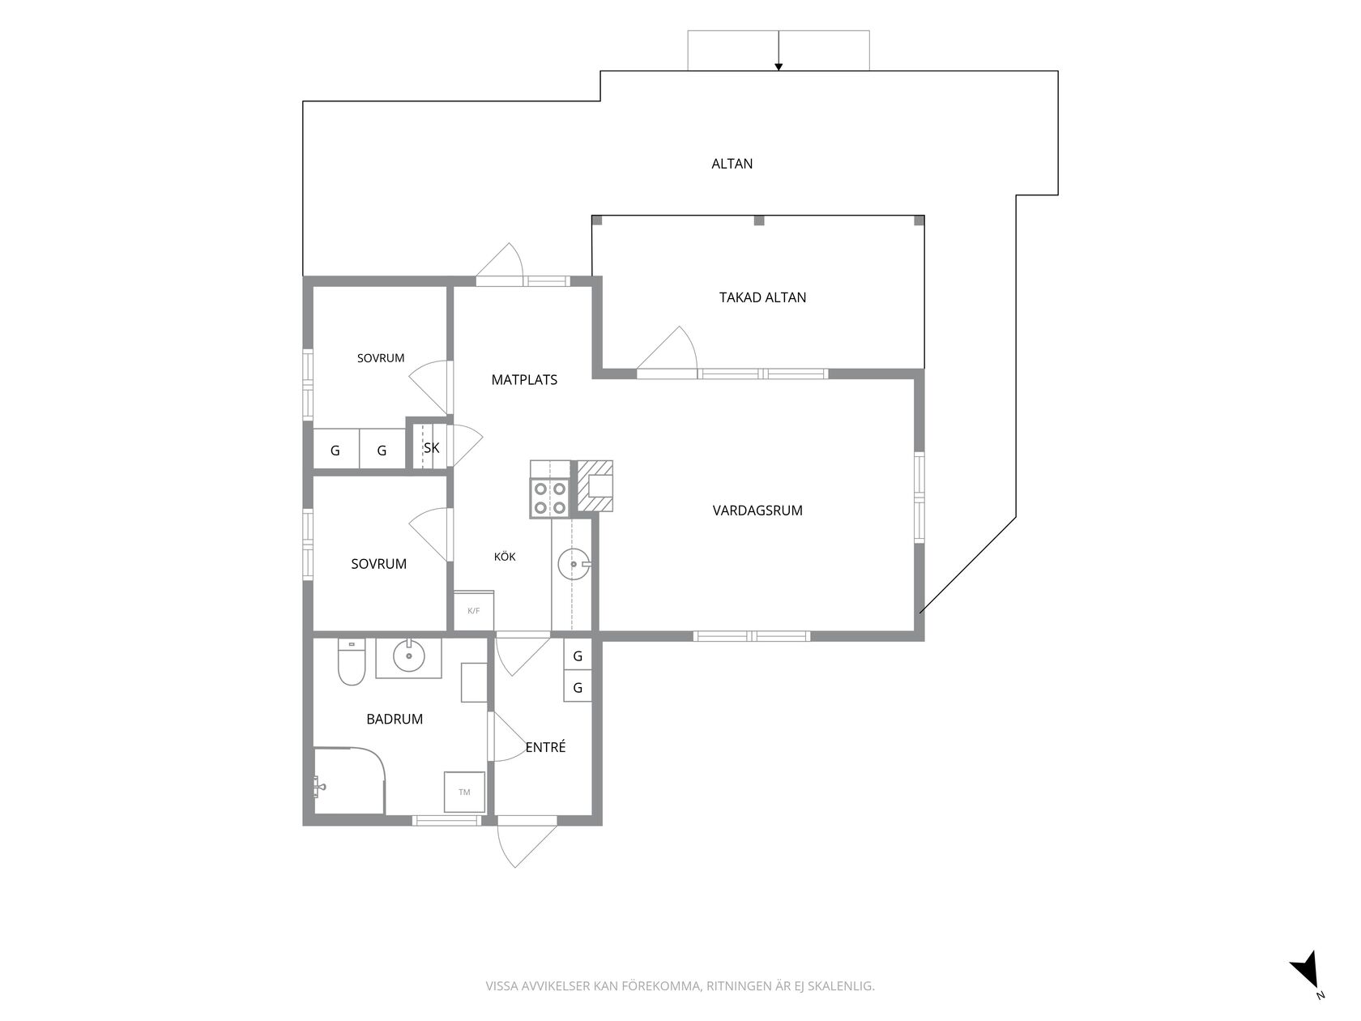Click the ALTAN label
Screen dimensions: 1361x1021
pyautogui.click(x=732, y=164)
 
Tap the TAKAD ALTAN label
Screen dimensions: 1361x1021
pyautogui.click(x=762, y=297)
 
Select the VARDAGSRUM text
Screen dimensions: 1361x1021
pyautogui.click(x=757, y=510)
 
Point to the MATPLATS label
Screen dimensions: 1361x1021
pyautogui.click(x=524, y=380)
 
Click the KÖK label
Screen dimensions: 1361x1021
pyautogui.click(x=505, y=557)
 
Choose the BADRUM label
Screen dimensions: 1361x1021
pyautogui.click(x=395, y=719)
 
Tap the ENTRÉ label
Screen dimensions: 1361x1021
pyautogui.click(x=546, y=747)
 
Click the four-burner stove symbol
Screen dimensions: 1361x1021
pyautogui.click(x=550, y=498)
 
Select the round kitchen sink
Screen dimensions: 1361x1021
pyautogui.click(x=574, y=565)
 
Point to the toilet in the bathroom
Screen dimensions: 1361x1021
pyautogui.click(x=351, y=661)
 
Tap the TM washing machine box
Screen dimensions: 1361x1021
pyautogui.click(x=464, y=792)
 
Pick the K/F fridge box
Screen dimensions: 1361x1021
pyautogui.click(x=474, y=611)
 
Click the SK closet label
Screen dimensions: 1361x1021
pyautogui.click(x=432, y=447)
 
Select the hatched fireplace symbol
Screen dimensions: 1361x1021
pyautogui.click(x=595, y=487)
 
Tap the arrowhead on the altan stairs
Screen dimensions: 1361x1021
pyautogui.click(x=779, y=67)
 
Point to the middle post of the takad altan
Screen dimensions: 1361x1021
pyautogui.click(x=759, y=220)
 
